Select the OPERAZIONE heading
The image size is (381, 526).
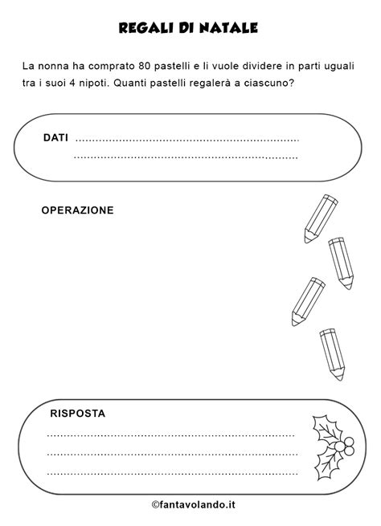click(x=77, y=210)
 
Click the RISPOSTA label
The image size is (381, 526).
click(x=77, y=414)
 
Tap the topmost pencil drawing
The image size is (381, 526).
click(x=320, y=218)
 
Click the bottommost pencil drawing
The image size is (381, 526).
click(x=332, y=354)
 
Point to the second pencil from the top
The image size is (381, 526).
click(x=342, y=263)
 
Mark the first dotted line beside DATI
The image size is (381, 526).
click(x=186, y=141)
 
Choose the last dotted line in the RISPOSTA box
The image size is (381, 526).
click(x=171, y=473)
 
